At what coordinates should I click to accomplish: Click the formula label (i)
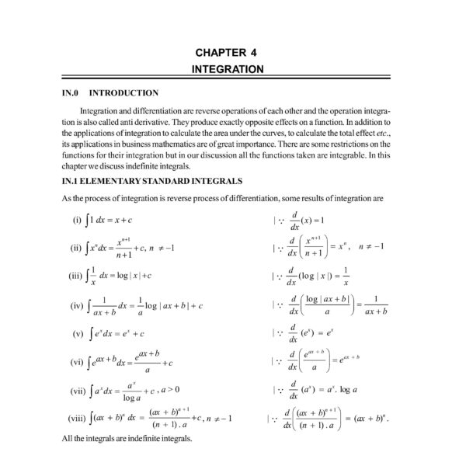tap(76, 220)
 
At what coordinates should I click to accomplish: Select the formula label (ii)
tap(76, 249)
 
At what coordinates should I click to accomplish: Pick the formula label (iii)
tap(75, 276)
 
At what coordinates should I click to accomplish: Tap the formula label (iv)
tap(76, 306)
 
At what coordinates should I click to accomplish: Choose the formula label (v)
tap(78, 334)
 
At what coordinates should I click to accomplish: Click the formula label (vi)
tap(76, 362)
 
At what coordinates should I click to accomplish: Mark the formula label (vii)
tap(76, 390)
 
